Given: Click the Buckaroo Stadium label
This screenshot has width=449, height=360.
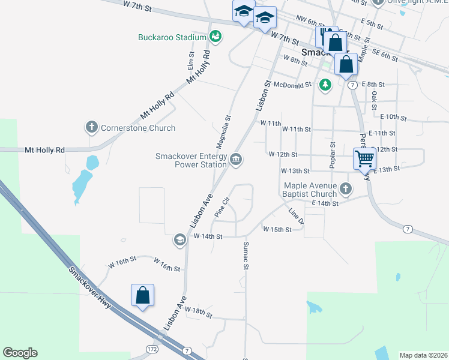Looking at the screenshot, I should point(172,37).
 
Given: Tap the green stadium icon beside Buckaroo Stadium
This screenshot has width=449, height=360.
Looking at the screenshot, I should point(215,37).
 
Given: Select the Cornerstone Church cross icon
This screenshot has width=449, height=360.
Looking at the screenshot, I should point(91,127).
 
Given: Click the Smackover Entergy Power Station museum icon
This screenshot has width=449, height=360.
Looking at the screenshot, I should point(236,159).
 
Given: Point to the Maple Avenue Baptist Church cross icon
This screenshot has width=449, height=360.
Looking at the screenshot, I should point(345,189).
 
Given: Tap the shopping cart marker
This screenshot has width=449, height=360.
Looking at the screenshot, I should point(364,159).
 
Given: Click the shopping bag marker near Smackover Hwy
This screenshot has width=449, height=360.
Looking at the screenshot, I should point(142,295).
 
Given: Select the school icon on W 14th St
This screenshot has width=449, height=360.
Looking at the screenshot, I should point(179,240).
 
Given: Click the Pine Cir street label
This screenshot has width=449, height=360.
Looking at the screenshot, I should point(223,207).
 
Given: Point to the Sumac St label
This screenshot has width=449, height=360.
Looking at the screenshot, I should point(246,255).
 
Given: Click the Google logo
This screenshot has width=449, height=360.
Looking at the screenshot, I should point(20,353).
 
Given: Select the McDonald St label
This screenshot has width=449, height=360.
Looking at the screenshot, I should point(292,85).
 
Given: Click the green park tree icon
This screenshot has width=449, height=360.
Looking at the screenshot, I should point(325,85).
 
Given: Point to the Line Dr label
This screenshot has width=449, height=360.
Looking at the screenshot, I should point(297,217).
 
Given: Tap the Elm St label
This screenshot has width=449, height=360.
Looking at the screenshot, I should point(191,60).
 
